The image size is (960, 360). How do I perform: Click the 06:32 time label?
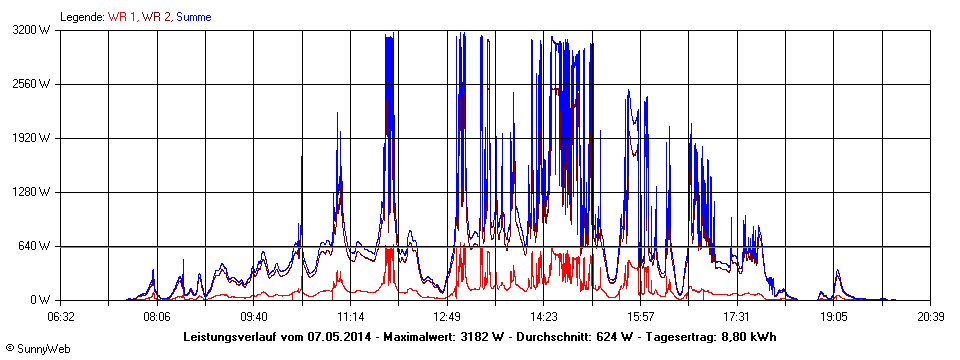point(60,316)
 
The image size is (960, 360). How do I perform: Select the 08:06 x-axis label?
point(157,316)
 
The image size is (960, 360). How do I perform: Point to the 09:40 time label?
point(254,316)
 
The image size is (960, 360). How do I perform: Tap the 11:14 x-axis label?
point(350,316)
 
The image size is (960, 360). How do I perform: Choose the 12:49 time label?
point(447,316)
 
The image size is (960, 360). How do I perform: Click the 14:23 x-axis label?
point(543,316)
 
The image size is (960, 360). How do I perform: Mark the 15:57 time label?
point(640,316)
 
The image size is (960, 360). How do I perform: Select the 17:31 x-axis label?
point(736,316)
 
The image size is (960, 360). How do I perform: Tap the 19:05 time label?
point(833,316)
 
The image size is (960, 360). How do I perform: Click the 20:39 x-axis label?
point(929,316)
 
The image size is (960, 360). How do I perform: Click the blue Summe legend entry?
point(193,17)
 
